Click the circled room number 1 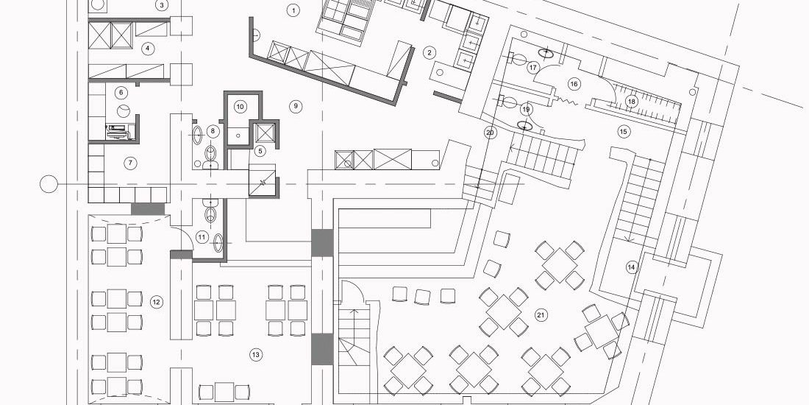pos(293,10)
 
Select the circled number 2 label pos(429,52)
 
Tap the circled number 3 pos(162,6)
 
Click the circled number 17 pos(533,68)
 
